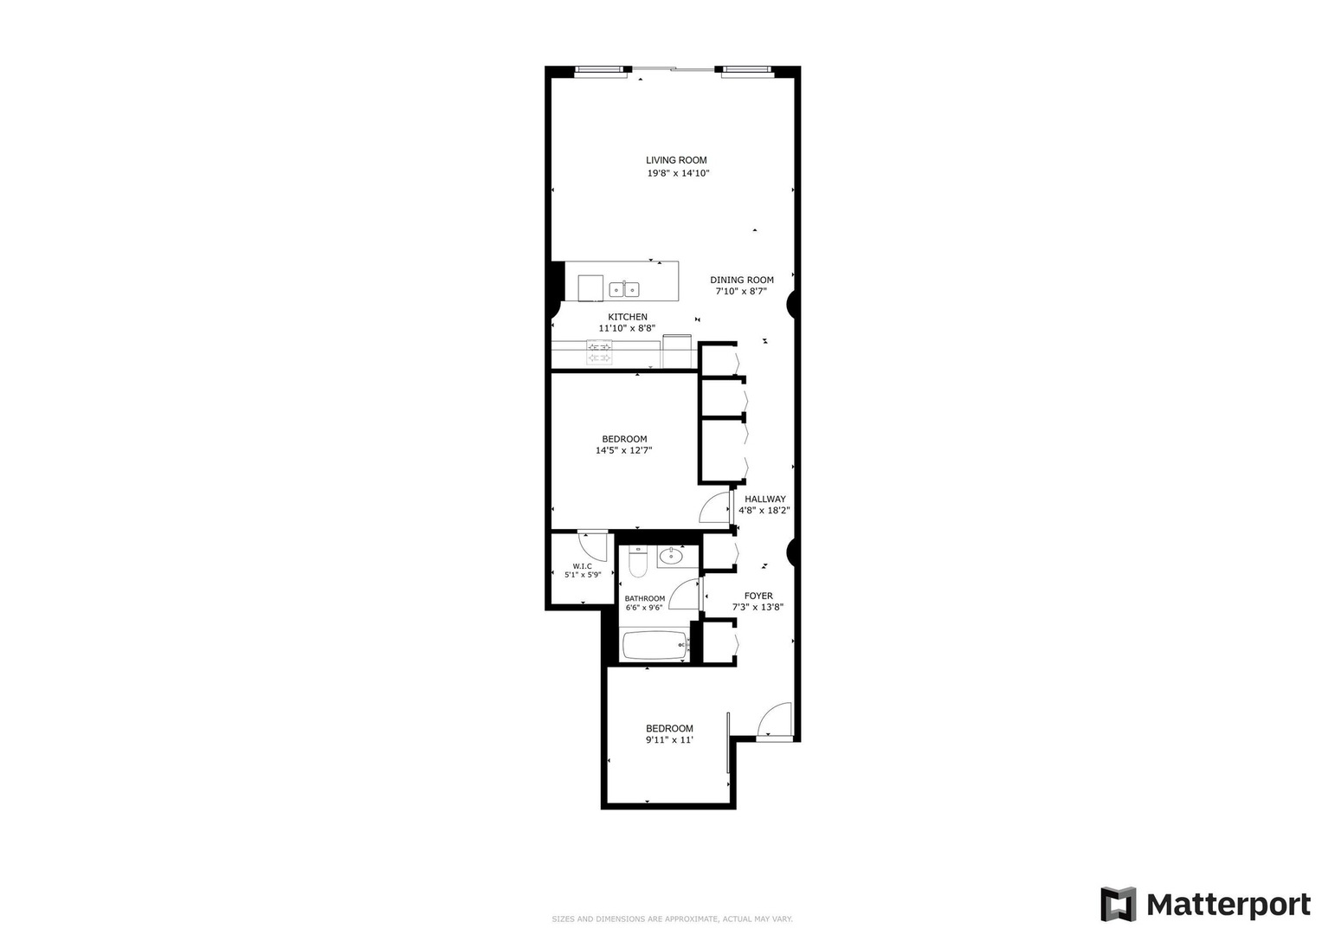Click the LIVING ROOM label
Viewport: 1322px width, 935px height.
click(676, 160)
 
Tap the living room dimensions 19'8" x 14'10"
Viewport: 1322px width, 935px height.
click(678, 173)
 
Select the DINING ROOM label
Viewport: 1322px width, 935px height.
click(742, 280)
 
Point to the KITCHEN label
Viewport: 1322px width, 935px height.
click(628, 317)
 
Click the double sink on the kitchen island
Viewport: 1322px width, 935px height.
click(624, 289)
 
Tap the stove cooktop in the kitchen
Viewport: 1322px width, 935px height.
click(599, 352)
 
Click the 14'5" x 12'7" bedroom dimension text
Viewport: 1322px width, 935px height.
click(624, 450)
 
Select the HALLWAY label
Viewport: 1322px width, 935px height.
click(764, 499)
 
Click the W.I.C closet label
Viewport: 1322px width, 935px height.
click(582, 566)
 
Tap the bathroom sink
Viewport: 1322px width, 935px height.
click(670, 556)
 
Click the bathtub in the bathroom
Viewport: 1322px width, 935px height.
click(655, 646)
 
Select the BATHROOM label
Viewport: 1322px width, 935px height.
click(644, 598)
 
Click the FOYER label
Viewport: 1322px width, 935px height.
click(758, 596)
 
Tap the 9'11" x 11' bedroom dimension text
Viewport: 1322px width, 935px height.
click(669, 739)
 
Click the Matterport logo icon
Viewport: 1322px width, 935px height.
click(1118, 904)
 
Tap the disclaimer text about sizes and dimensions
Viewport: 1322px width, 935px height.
click(672, 919)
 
